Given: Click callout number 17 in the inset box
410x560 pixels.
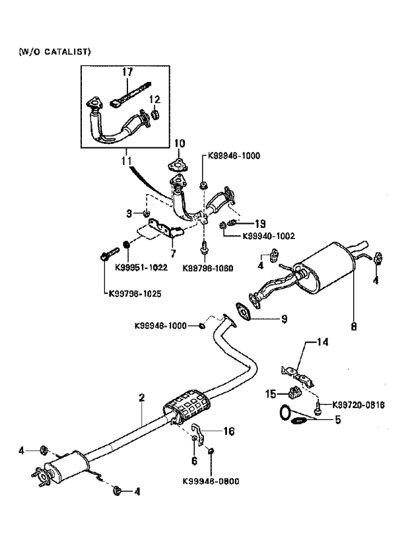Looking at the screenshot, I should (127, 71).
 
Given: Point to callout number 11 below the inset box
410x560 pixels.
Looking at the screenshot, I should (125, 160).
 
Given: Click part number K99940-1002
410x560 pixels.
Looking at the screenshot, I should (268, 235).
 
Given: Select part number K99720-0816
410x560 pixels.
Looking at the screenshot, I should (359, 404).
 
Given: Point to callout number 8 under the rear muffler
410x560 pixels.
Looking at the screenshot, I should (353, 325).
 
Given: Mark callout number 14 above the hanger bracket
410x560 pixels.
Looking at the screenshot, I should (322, 342).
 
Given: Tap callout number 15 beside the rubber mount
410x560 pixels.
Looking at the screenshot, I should (271, 394).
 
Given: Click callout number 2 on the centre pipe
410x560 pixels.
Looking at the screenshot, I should (141, 398).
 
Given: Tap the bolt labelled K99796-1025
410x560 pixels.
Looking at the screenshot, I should (109, 254).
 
